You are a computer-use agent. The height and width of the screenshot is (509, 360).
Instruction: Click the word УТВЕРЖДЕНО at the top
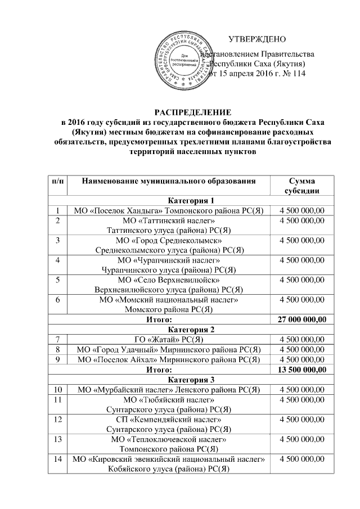coord(257,39)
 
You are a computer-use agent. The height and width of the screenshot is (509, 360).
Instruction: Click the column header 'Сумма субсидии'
coord(301,186)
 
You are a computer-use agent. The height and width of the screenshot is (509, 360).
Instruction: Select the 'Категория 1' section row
coord(191,201)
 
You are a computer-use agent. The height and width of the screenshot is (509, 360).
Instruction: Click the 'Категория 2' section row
coord(191,330)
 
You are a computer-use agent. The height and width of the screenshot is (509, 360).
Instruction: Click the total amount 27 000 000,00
coord(301,319)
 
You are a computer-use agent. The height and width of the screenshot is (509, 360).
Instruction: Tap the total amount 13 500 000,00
coord(301,370)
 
